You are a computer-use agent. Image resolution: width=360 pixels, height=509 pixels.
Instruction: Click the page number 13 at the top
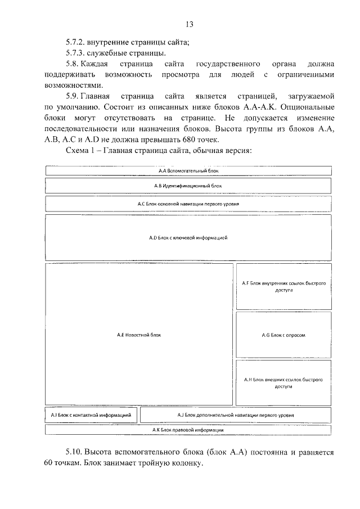coord(189,24)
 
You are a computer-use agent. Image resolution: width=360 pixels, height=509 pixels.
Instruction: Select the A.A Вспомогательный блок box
coord(188,170)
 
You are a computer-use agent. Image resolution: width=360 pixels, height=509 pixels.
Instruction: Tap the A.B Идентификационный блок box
coord(188,185)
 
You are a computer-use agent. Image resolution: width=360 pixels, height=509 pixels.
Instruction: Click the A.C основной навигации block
coord(188,204)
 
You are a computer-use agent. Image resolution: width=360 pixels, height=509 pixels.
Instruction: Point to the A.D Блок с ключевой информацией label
coord(188,238)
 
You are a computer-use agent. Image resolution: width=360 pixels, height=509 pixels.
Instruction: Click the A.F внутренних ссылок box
coord(283,287)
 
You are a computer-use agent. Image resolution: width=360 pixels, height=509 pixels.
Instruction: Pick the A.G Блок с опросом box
coord(283,335)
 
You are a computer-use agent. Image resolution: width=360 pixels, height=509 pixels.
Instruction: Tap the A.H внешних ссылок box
coord(283,383)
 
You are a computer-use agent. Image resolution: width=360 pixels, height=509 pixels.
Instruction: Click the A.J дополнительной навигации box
coord(235,415)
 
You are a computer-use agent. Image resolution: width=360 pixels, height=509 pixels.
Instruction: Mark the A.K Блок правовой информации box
coord(188,430)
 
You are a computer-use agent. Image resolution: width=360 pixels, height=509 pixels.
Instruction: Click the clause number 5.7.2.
coord(76,42)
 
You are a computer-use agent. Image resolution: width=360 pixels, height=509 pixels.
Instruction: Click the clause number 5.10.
coord(74,452)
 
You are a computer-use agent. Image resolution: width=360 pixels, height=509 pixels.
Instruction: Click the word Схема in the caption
coord(78,151)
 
